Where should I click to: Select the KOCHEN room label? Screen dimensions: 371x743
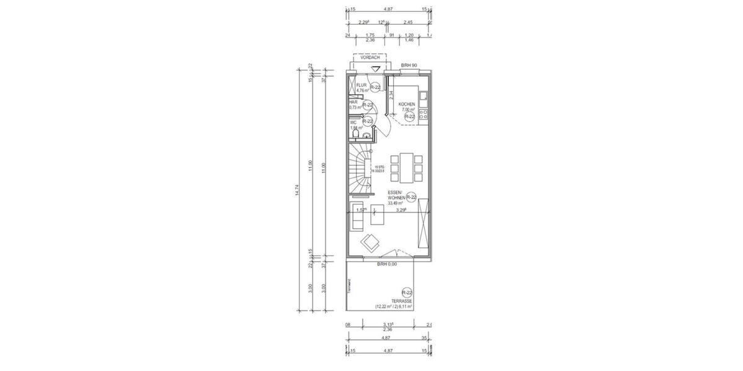click(x=407, y=104)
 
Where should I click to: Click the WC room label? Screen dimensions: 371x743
click(x=353, y=122)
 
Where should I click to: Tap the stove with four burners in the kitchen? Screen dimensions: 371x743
click(x=424, y=114)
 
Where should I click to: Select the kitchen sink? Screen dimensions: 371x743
click(x=424, y=96)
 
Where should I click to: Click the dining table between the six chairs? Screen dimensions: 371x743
click(x=408, y=168)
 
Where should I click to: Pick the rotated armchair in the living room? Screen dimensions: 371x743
click(x=371, y=242)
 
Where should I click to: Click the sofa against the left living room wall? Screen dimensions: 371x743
click(x=356, y=216)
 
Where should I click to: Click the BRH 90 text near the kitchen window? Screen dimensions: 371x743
click(x=409, y=65)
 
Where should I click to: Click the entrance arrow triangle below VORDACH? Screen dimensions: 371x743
click(x=375, y=70)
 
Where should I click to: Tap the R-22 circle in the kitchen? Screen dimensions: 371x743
click(x=409, y=116)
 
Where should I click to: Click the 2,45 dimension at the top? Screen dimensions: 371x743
click(x=408, y=22)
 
